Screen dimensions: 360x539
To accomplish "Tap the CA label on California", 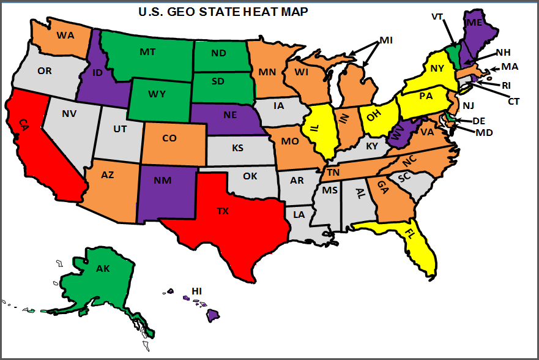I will [23, 125].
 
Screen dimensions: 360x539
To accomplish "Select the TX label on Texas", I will [223, 211].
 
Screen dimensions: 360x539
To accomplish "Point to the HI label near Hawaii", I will [196, 290].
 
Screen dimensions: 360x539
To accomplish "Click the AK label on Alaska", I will [103, 268].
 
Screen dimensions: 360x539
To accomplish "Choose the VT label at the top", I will [437, 17].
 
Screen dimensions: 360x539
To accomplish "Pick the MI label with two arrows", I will [385, 40].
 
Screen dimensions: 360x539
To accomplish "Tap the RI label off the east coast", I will [506, 85].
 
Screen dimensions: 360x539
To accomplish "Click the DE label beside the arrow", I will [478, 121].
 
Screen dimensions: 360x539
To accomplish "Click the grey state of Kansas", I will [237, 149].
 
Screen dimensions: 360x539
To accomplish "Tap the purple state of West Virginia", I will [398, 134].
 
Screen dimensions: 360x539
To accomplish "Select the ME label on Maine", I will [474, 23].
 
